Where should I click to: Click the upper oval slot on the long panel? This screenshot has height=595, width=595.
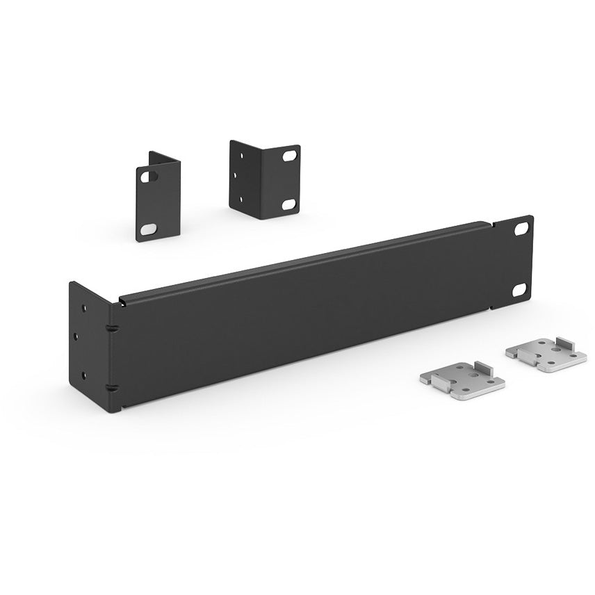point(521,228)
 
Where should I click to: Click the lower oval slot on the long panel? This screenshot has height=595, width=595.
point(520,290)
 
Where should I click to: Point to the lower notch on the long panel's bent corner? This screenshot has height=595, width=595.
point(110,388)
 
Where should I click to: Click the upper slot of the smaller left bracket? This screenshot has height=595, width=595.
point(147,177)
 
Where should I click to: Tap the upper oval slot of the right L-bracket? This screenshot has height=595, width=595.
point(288,157)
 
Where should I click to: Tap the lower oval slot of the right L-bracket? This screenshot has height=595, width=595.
point(288,204)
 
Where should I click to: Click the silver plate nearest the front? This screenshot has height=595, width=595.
point(463,381)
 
